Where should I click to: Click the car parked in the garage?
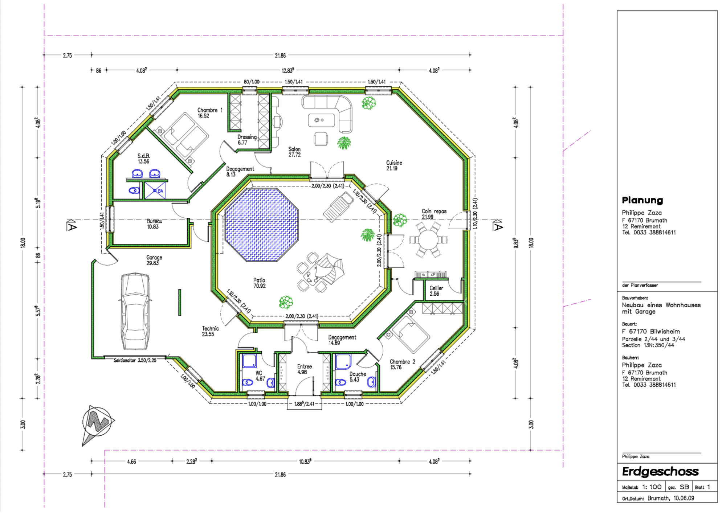point(135,311)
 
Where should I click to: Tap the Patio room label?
point(259,283)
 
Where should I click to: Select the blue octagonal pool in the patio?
point(261,224)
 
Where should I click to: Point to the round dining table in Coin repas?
point(428,240)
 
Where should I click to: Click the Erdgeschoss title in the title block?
point(660,471)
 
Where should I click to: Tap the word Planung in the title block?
point(642,200)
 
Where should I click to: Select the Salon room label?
point(294,152)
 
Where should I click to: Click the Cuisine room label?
point(394,165)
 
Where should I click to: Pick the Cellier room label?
point(436,291)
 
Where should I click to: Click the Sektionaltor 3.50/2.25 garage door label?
point(135,360)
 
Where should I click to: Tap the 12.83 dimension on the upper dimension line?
point(288,70)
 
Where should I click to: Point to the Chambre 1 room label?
point(210,113)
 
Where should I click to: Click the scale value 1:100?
point(652,487)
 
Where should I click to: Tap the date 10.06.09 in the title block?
point(684,498)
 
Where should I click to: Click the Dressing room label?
point(247,140)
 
